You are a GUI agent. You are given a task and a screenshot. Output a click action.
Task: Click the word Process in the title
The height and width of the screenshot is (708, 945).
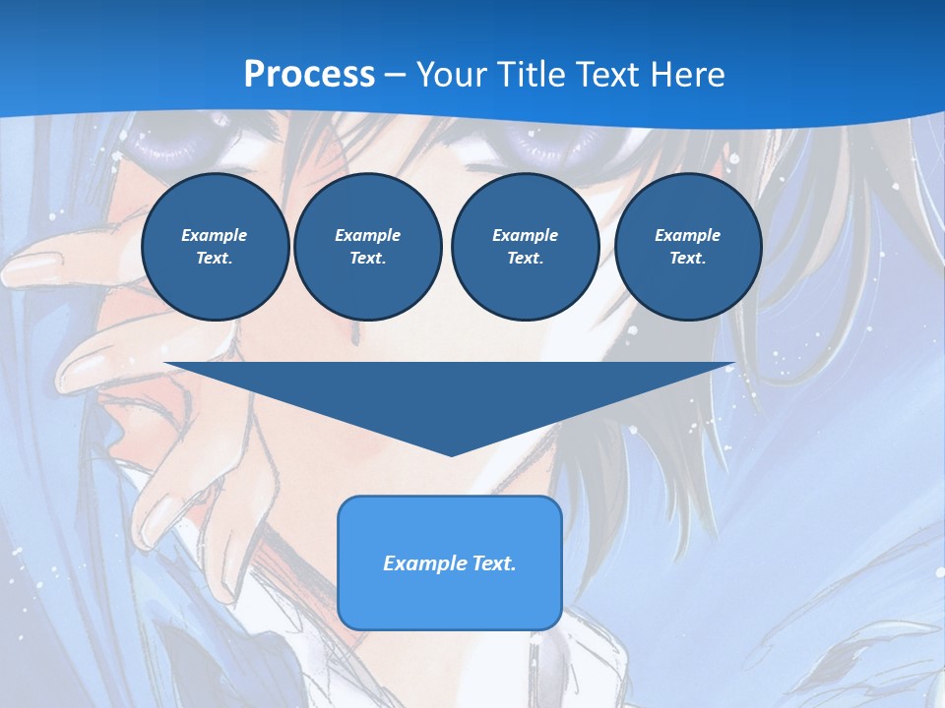coord(309,74)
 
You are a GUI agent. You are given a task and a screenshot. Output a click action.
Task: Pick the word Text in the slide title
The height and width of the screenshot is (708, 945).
coord(608,75)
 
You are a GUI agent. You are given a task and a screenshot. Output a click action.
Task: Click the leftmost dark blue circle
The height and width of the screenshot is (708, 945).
coord(216,247)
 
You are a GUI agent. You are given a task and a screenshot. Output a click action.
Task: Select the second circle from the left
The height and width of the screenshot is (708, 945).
coord(367,247)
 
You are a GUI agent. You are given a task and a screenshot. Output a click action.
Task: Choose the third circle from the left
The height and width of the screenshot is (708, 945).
coord(525,247)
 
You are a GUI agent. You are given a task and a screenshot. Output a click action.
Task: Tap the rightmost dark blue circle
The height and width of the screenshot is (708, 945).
coord(688,247)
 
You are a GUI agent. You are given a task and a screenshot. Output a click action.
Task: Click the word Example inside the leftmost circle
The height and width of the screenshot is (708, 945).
coord(214,235)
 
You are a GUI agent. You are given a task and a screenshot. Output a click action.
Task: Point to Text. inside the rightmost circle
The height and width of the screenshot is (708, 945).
coord(687,259)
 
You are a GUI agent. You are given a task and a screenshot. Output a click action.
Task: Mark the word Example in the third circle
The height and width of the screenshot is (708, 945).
coord(525,235)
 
